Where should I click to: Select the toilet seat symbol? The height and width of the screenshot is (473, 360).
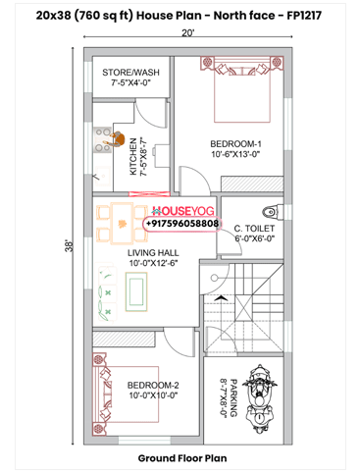272,210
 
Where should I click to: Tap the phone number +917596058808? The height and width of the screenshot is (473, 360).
181,224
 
